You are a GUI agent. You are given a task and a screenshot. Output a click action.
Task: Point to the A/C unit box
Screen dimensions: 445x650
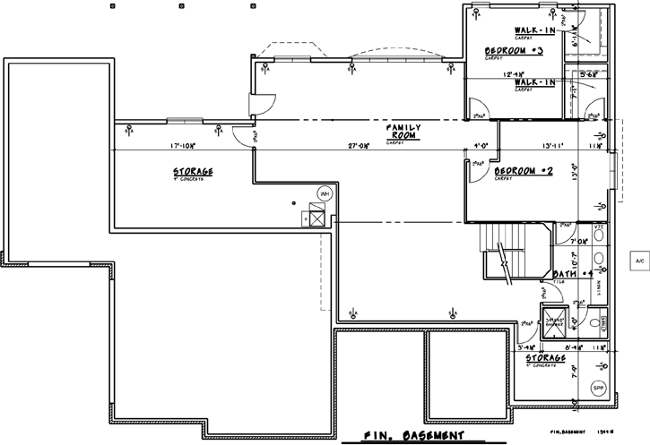click(x=639, y=261)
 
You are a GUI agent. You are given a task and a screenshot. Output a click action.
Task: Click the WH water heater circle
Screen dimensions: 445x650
click(x=324, y=193)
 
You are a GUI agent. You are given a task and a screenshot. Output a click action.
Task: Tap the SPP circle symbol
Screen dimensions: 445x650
click(x=599, y=387)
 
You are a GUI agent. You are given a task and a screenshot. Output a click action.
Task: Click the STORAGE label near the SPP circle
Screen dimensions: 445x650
click(x=545, y=358)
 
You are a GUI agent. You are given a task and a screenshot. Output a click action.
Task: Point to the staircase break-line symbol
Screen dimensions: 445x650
click(x=504, y=265)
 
